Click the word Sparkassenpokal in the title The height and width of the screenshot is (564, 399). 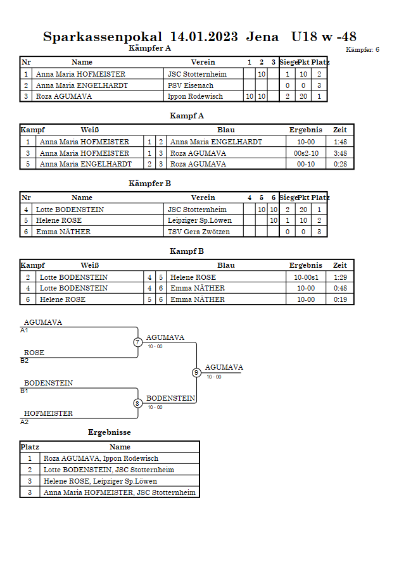tap(103, 37)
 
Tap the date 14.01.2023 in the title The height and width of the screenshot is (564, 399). tap(204, 37)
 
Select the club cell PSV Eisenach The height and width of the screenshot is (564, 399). tap(191, 85)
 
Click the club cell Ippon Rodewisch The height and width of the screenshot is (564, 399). tap(195, 96)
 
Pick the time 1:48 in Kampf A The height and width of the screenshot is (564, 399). tap(340, 142)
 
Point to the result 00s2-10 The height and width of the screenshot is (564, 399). tap(306, 153)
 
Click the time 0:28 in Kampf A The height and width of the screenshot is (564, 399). tap(340, 164)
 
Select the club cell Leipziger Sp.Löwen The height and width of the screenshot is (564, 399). tap(199, 220)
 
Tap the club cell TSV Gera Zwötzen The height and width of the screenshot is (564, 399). tap(199, 232)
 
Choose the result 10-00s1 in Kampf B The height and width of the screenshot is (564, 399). tap(306, 277)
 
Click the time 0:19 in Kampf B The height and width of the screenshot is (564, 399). tap(340, 299)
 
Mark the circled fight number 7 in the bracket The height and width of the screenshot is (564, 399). tap(138, 342)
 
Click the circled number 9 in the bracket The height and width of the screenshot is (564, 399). tap(196, 373)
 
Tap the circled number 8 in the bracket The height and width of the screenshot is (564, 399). tap(137, 403)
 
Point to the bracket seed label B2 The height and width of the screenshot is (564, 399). tap(25, 361)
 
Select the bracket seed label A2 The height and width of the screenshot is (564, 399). tap(25, 422)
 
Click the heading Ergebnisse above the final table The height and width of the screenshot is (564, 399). tap(110, 432)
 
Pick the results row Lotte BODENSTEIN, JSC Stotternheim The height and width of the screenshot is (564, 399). tap(109, 470)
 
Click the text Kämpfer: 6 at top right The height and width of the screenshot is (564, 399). tap(362, 49)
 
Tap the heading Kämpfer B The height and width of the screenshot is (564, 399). tap(149, 184)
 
